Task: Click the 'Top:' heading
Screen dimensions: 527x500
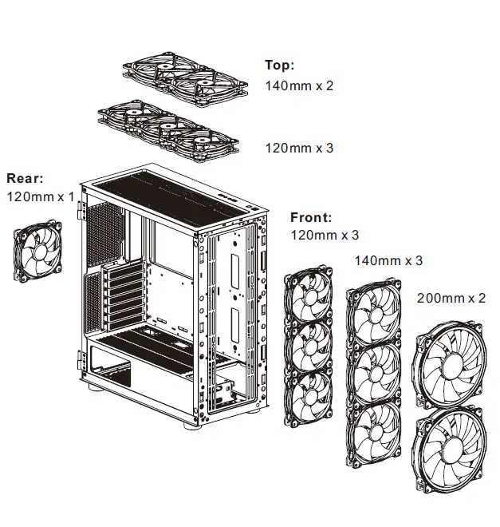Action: pyautogui.click(x=279, y=65)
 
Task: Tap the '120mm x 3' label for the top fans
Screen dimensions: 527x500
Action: pyautogui.click(x=299, y=149)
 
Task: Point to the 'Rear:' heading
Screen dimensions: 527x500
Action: pyautogui.click(x=25, y=178)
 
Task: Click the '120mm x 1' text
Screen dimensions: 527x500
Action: pyautogui.click(x=39, y=196)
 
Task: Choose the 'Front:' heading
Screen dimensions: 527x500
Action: pyautogui.click(x=311, y=217)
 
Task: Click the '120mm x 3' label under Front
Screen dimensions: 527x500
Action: pyautogui.click(x=325, y=236)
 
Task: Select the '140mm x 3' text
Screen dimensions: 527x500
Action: pyautogui.click(x=388, y=260)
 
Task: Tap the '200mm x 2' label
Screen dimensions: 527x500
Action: pyautogui.click(x=451, y=298)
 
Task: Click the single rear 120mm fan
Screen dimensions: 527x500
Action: pyautogui.click(x=42, y=253)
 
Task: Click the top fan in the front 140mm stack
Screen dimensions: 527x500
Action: pyautogui.click(x=374, y=315)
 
